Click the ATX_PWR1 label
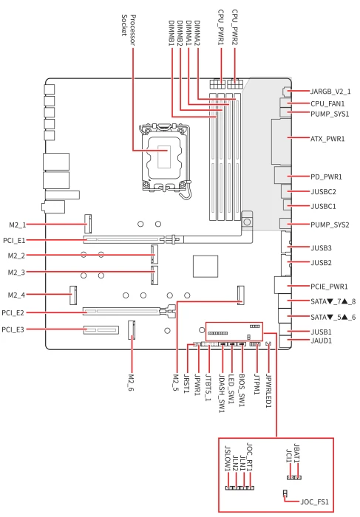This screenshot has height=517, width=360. click(x=327, y=139)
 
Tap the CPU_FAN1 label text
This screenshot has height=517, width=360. click(x=327, y=104)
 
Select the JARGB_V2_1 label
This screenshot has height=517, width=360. click(x=330, y=92)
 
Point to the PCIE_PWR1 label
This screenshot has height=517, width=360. click(x=329, y=287)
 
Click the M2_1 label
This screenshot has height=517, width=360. click(x=18, y=225)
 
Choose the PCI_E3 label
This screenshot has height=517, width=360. click(x=13, y=329)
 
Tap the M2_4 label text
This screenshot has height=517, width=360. click(x=16, y=295)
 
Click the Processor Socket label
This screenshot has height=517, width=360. click(x=128, y=30)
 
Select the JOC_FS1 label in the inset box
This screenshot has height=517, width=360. click(x=314, y=501)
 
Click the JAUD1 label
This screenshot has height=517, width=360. click(x=321, y=341)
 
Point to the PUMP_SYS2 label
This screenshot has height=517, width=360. click(x=330, y=225)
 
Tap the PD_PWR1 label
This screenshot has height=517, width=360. click(x=326, y=177)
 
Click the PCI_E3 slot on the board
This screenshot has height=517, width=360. click(x=101, y=329)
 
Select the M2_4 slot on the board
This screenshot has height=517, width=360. click(x=73, y=295)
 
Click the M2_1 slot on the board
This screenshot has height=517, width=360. click(x=88, y=224)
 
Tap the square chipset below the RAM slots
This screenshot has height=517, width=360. click(x=206, y=266)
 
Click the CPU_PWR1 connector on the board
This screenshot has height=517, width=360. click(x=217, y=83)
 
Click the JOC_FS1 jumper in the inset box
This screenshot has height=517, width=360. click(x=285, y=493)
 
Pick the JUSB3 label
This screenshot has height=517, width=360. click(x=321, y=248)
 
